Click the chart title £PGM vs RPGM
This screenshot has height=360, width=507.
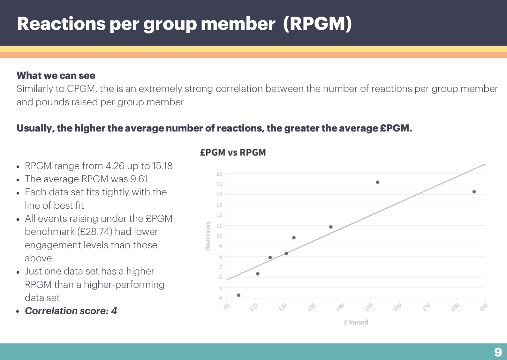point(233,153)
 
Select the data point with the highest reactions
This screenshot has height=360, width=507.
point(377,182)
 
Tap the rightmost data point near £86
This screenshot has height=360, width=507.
point(474,192)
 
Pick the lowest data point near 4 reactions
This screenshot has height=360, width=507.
point(238,295)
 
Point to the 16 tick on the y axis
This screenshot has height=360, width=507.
point(219,174)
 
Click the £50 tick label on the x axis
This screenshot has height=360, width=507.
point(369,307)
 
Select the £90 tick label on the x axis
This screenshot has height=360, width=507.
point(484,307)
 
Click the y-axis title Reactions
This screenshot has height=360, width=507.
point(208,236)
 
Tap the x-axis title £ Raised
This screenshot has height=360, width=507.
point(356,322)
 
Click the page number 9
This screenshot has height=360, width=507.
point(498,352)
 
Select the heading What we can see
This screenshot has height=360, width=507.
point(56,76)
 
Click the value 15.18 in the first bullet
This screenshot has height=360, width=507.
point(162,166)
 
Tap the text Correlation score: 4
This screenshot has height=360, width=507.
point(71,311)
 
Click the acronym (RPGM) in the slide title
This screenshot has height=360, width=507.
point(317,24)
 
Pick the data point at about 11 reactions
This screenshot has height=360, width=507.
point(330,227)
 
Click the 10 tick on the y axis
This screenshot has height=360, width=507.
point(219,236)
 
